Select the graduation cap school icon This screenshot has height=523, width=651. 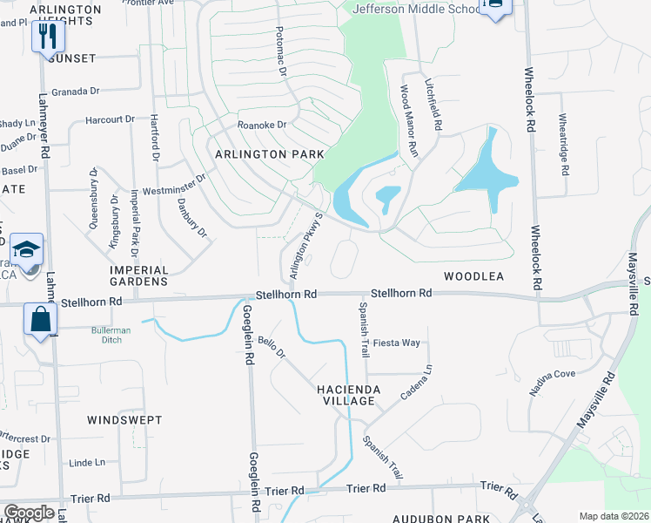point(27,250)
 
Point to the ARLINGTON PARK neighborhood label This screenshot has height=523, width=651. point(270,154)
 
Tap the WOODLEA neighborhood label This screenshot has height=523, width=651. point(474,275)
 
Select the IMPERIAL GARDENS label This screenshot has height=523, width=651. point(138,275)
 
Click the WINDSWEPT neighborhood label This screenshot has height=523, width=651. point(124,419)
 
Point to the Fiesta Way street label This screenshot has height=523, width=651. point(396,343)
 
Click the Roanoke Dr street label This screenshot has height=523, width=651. point(262,126)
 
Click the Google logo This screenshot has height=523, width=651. point(29,513)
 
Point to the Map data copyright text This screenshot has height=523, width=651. point(613,516)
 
